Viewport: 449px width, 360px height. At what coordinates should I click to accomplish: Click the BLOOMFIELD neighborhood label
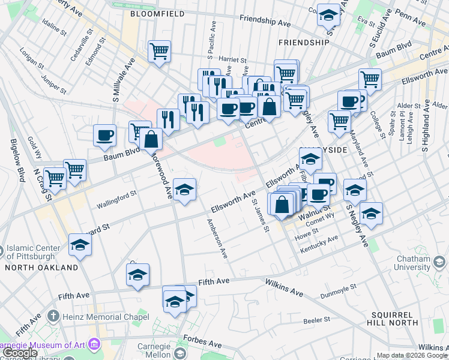click(154, 12)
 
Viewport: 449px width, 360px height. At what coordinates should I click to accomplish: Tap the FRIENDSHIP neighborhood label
click(304, 43)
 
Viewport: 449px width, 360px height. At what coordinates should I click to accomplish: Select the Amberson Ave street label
click(217, 238)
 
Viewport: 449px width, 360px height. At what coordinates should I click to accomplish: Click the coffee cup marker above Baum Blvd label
click(104, 135)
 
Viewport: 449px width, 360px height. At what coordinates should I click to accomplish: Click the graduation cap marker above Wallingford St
click(185, 189)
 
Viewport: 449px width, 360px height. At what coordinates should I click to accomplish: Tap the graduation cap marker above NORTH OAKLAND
click(80, 244)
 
